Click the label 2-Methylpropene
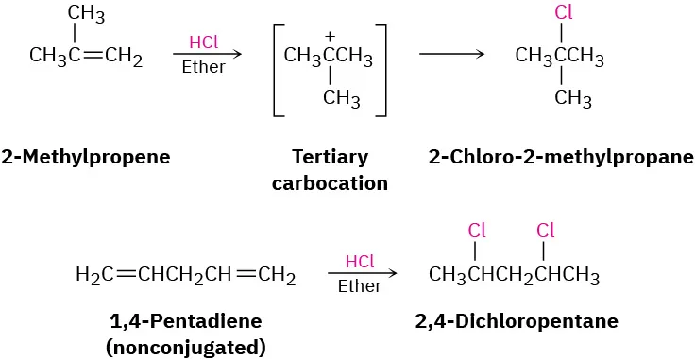(x=86, y=157)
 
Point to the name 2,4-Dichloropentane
(x=517, y=321)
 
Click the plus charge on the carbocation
(x=330, y=36)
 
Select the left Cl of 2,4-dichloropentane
(x=477, y=230)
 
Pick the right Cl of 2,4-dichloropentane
(x=545, y=230)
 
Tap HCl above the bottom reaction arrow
(x=360, y=261)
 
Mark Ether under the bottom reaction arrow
(x=360, y=285)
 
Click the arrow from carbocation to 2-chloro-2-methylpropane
(x=451, y=55)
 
